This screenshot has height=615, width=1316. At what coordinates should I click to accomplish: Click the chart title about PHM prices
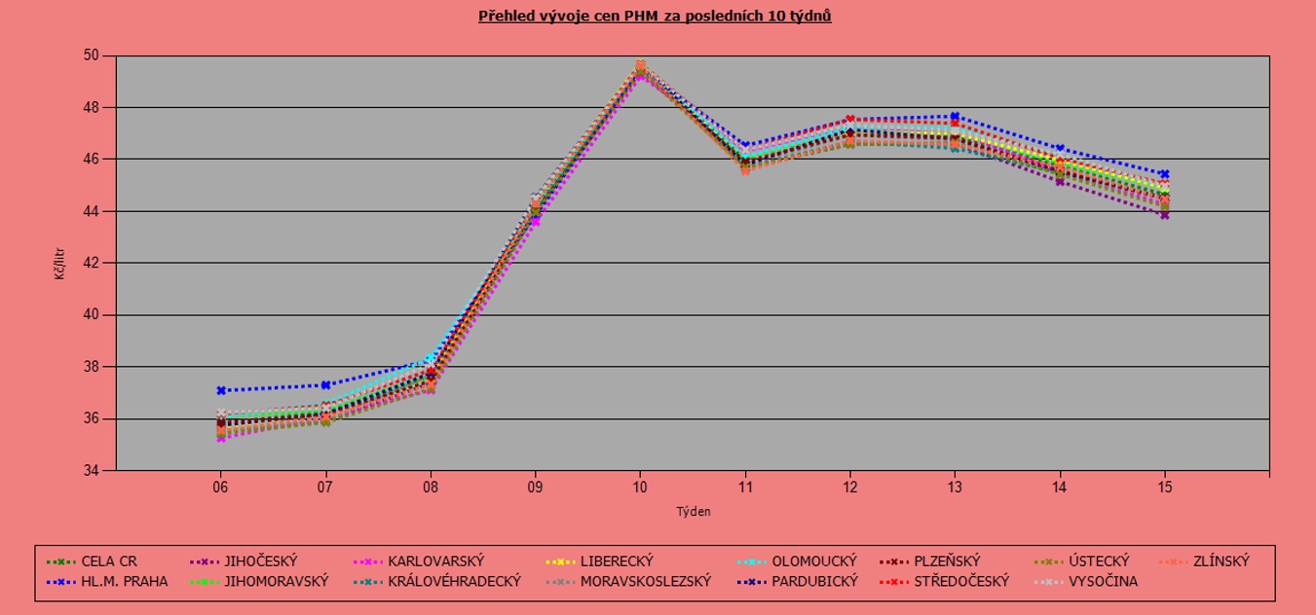655,17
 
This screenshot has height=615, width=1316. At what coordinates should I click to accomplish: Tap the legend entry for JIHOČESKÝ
260,561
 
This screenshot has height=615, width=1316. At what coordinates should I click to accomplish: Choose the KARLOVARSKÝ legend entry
435,561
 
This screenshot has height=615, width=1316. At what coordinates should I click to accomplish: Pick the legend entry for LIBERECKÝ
616,561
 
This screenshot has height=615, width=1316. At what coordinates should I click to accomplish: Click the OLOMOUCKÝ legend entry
813,561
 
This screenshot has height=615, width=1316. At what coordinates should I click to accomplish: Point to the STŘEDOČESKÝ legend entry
961,582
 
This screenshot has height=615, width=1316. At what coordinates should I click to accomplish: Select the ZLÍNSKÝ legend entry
1220,561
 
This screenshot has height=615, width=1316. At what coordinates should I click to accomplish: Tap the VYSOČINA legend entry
1103,582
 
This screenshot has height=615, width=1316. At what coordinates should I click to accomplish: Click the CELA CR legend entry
109,561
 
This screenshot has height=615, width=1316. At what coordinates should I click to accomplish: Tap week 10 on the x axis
640,486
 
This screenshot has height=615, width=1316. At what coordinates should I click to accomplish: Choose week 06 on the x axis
221,486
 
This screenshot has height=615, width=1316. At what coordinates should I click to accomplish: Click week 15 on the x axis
1164,486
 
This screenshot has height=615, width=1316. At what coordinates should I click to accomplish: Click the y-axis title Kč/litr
60,263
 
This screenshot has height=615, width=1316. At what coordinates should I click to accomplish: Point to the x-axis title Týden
693,511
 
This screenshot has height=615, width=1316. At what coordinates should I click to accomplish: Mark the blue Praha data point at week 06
221,390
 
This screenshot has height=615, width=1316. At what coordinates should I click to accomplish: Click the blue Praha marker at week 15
1164,174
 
